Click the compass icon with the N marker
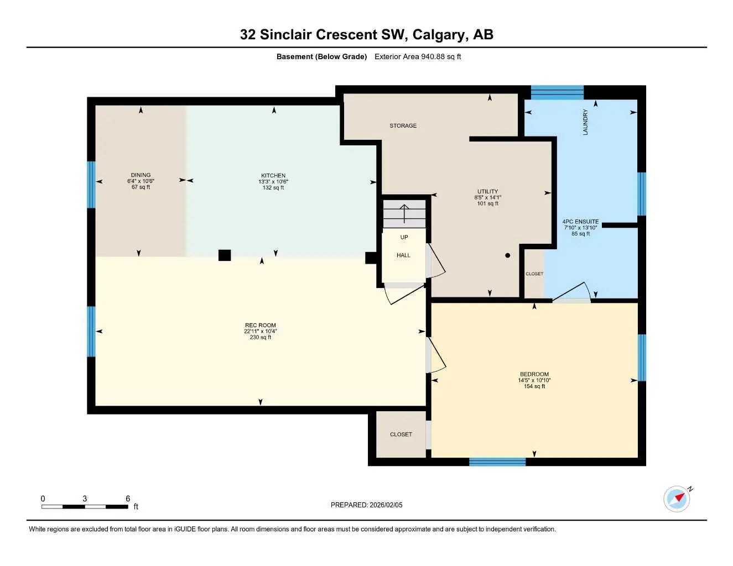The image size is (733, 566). [x=677, y=499]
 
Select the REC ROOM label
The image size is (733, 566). [x=260, y=326]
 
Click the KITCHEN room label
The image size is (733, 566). [x=273, y=176]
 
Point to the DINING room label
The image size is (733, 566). [x=141, y=175]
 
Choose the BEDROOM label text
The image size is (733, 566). [x=534, y=375]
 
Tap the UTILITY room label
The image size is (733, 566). [x=487, y=192]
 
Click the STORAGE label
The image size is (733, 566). [x=403, y=126]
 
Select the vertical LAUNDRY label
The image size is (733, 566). [x=585, y=122]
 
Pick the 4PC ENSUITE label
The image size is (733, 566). [x=580, y=222]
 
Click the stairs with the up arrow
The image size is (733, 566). [x=404, y=214]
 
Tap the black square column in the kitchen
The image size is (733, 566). [x=224, y=255]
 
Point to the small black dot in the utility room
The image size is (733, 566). [x=507, y=255]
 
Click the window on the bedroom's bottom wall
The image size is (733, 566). [x=497, y=462]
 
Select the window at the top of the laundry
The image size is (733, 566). [x=557, y=92]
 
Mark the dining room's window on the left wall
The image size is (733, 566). [x=91, y=185]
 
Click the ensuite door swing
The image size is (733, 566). [x=573, y=293]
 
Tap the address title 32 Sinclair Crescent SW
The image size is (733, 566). [x=366, y=35]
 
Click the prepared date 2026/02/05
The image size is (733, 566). [x=366, y=505]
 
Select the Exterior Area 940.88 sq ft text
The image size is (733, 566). [x=418, y=56]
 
